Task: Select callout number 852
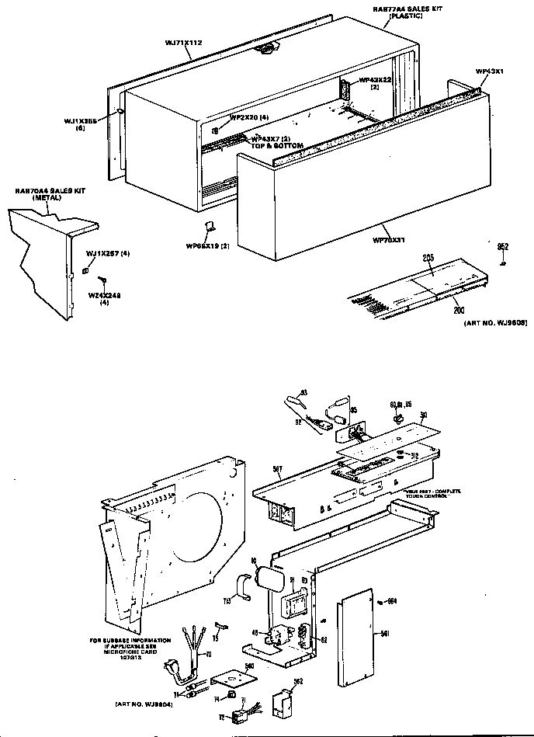coord(502,246)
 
